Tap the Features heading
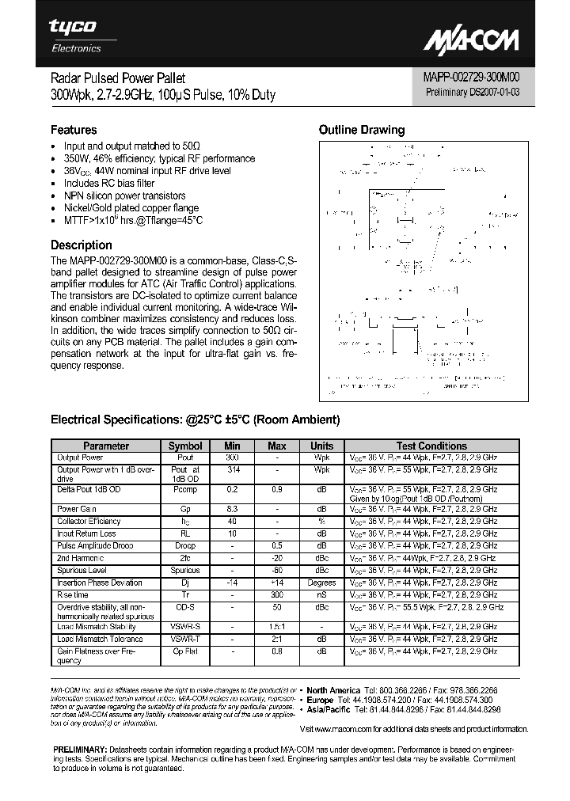tap(74, 130)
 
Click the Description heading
tap(82, 245)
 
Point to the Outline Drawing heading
tap(361, 130)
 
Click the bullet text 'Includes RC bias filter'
tap(109, 183)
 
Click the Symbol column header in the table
tap(185, 446)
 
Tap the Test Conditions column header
tap(431, 446)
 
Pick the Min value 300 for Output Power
tap(232, 457)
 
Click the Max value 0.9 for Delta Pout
tap(277, 490)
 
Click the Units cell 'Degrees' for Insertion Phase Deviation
tap(321, 583)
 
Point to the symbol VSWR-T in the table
tap(185, 638)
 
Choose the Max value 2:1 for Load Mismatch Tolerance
tap(277, 638)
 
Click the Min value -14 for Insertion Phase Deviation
tap(232, 583)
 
